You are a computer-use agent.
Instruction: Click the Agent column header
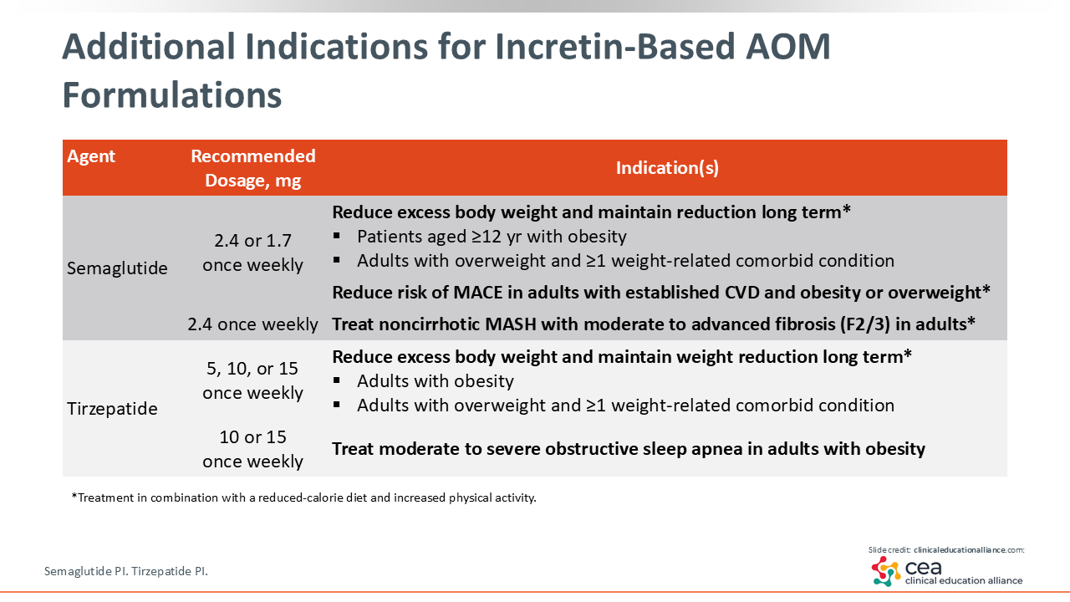tap(91, 156)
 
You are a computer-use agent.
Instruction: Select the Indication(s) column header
tap(667, 168)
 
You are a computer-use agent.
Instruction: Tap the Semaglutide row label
tap(117, 268)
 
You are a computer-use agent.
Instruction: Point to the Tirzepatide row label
tap(112, 409)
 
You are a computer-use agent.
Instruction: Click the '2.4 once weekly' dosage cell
tap(252, 324)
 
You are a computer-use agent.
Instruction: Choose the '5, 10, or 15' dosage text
tap(252, 369)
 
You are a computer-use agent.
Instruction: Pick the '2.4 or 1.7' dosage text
tap(252, 240)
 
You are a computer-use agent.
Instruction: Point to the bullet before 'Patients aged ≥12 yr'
tap(337, 236)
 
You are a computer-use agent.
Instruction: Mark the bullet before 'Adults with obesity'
tap(337, 380)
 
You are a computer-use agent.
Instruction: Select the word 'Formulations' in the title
tap(172, 95)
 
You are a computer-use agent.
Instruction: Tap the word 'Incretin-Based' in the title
tap(614, 47)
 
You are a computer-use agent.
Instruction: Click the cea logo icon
tap(886, 571)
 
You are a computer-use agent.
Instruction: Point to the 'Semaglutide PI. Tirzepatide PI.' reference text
tap(126, 571)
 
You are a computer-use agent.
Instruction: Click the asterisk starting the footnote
tap(74, 497)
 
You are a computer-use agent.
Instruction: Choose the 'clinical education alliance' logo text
tap(964, 580)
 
